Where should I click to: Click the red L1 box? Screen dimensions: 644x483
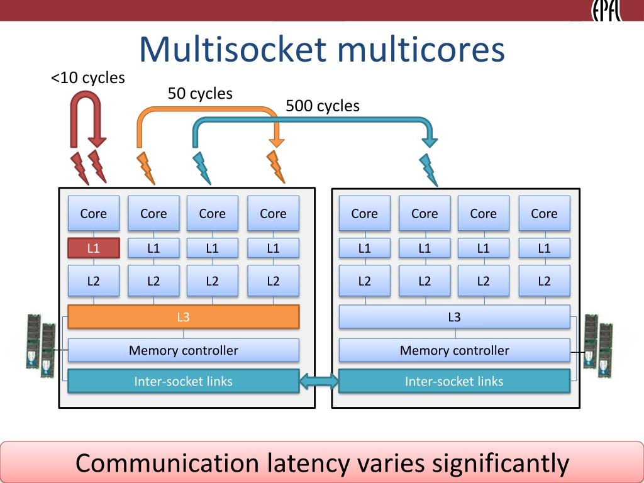coord(94,248)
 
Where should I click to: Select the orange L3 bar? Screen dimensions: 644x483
coord(183,317)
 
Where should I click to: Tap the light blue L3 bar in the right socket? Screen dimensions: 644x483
coord(454,317)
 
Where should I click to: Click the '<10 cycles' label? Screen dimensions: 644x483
coord(88,77)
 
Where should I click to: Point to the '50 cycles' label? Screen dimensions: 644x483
coord(200,94)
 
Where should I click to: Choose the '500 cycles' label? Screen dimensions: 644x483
coord(323,106)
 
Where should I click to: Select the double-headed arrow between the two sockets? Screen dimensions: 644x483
coord(319,382)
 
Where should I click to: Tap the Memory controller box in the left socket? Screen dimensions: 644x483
coord(183,350)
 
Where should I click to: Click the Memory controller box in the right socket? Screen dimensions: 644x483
coord(454,350)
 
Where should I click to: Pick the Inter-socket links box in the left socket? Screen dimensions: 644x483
coord(183,381)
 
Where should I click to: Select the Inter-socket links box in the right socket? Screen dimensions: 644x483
coord(454,381)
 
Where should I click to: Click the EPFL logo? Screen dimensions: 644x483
coord(606,10)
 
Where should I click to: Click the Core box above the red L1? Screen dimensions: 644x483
coord(94,213)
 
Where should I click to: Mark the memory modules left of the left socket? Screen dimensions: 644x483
coord(41,346)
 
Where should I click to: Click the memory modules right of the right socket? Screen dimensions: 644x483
coord(598,346)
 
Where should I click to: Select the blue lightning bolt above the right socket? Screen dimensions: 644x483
coord(428,170)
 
